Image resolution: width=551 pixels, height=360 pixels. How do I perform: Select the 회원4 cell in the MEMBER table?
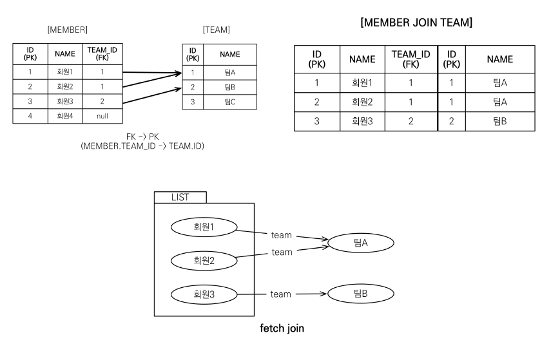(64, 117)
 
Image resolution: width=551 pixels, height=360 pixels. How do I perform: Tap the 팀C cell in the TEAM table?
(230, 102)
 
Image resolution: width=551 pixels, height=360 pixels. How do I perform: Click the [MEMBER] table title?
(68, 30)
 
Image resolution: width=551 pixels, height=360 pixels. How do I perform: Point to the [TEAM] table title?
(216, 30)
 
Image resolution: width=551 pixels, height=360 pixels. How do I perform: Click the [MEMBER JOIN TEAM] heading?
(417, 23)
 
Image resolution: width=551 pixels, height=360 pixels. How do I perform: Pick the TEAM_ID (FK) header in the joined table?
(411, 59)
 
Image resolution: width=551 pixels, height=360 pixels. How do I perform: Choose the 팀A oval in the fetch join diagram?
(360, 242)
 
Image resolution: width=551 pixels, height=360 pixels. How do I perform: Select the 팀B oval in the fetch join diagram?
(360, 294)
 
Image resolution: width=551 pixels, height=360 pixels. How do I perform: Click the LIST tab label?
(180, 198)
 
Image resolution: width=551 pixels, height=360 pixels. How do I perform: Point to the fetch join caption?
(282, 328)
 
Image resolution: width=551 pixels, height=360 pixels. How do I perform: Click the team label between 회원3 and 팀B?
(280, 294)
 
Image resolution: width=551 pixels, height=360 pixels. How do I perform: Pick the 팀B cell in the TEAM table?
(230, 87)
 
